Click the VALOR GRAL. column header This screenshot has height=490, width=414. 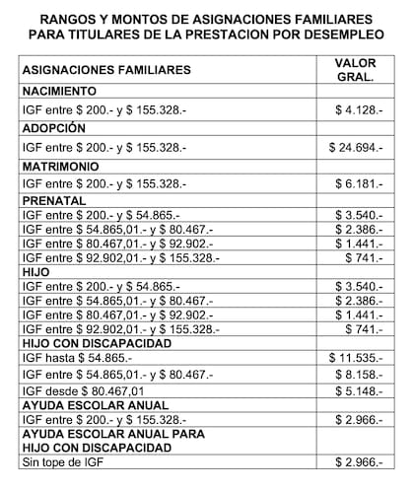tap(355, 70)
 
